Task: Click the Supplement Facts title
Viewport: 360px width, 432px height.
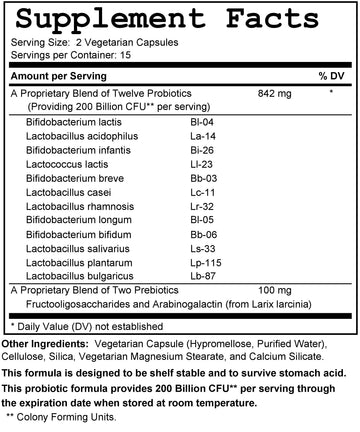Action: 180,17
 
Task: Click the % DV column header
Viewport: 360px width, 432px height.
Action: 331,76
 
